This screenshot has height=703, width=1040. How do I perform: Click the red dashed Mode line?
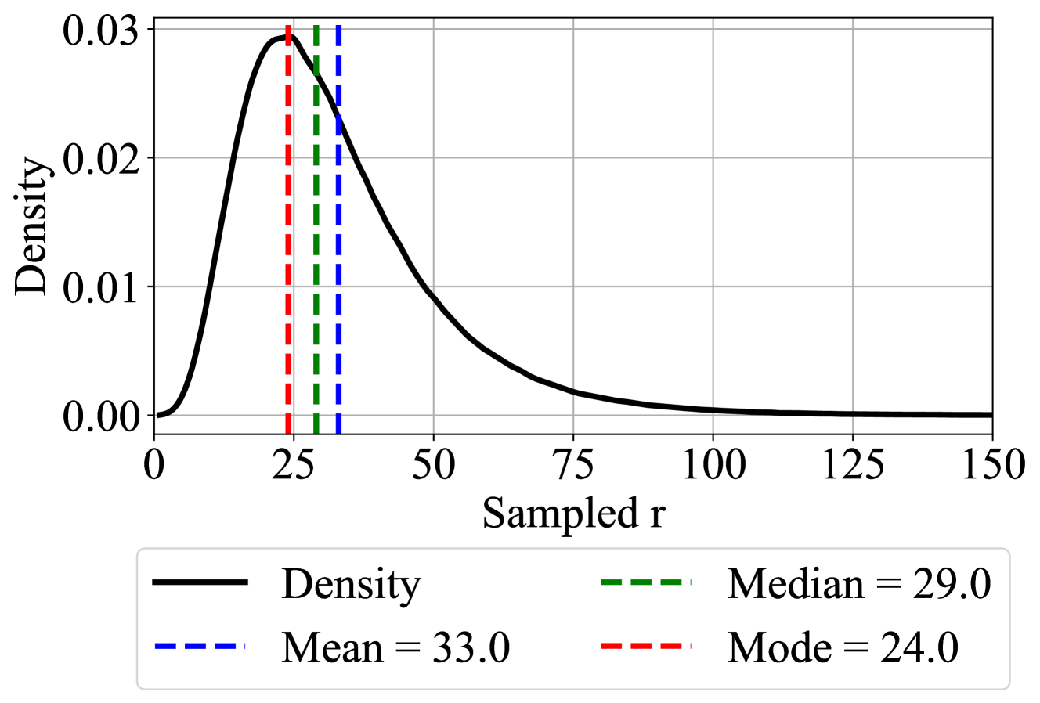coord(289,235)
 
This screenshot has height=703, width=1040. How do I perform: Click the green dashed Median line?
coord(316,235)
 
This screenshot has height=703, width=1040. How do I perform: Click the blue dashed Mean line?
coord(338,235)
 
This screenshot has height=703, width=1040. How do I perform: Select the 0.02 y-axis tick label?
coord(105,159)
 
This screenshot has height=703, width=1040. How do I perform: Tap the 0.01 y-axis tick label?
coord(105,287)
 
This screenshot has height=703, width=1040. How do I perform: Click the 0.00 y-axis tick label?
coord(105,416)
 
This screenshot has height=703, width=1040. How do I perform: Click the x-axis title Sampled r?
coord(573,514)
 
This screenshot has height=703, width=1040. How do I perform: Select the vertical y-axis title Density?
coord(34,227)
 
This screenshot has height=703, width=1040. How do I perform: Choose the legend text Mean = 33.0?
coord(396,647)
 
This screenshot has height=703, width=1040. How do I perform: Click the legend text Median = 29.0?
coord(859,583)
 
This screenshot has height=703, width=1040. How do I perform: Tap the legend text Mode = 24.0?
coord(843,647)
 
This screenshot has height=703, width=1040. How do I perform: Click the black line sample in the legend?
coord(200,583)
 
